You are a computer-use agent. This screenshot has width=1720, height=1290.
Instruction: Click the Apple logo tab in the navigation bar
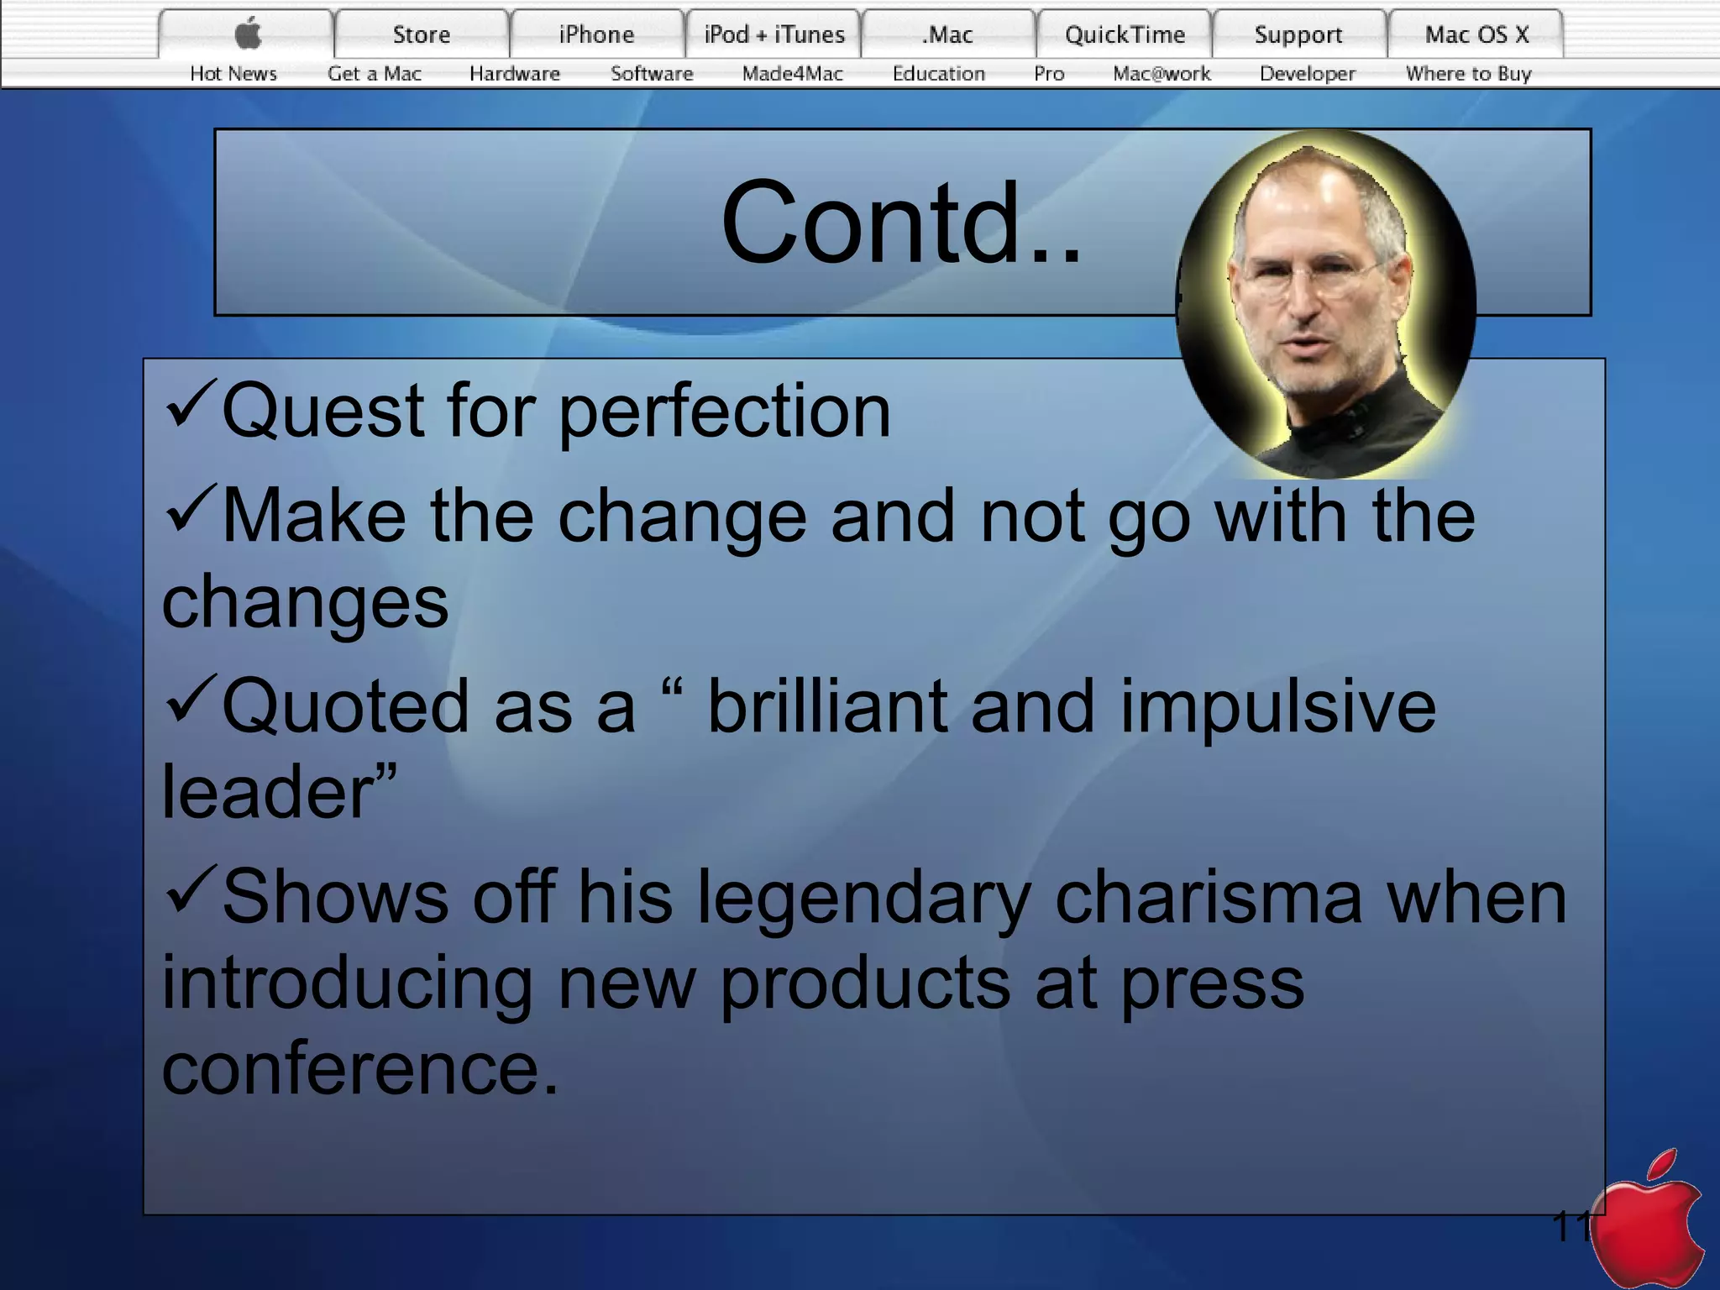click(248, 34)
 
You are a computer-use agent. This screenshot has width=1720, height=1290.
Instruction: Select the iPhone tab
click(596, 34)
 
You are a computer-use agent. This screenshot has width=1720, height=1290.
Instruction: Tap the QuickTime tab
click(1125, 34)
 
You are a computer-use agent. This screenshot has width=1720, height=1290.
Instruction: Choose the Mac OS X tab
click(1476, 34)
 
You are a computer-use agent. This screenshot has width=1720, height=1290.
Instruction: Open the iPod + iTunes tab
click(773, 34)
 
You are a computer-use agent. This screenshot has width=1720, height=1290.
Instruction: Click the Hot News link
click(233, 74)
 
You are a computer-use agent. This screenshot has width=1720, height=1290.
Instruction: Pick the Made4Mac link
click(792, 74)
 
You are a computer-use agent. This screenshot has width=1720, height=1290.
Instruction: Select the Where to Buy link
click(1468, 74)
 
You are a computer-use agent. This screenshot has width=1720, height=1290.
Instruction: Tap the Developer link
click(1307, 74)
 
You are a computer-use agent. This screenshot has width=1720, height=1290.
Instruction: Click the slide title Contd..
click(900, 223)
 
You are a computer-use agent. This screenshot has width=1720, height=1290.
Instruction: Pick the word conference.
click(359, 1070)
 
